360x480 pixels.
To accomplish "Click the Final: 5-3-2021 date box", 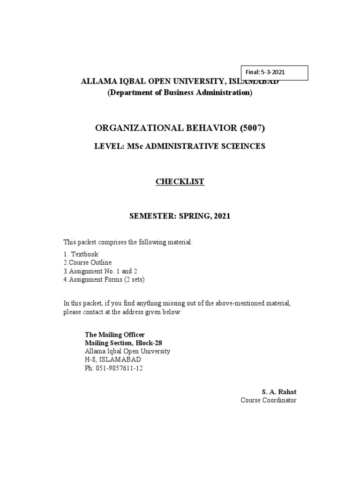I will (x=274, y=73).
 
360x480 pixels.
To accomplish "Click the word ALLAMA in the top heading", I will (x=96, y=81).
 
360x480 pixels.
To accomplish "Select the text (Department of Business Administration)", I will (x=180, y=93).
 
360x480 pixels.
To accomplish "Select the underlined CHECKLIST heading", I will (x=180, y=182).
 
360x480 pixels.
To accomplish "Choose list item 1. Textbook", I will (x=81, y=254).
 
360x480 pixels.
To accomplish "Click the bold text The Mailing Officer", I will (x=111, y=335).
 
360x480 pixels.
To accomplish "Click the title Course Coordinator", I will (x=269, y=400).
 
